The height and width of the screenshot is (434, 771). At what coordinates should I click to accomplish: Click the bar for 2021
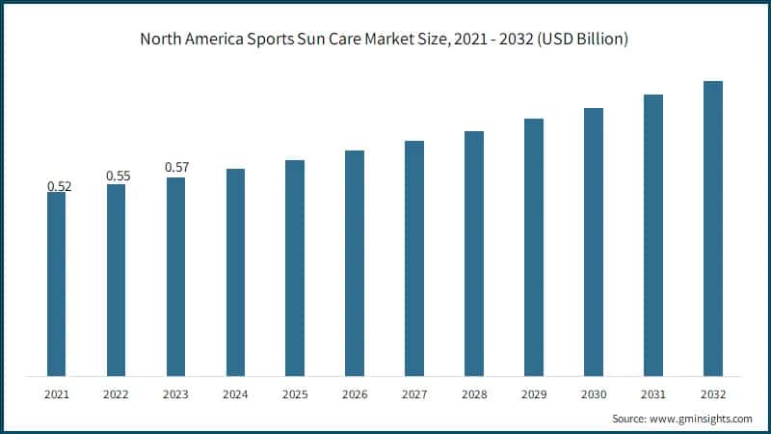tap(57, 284)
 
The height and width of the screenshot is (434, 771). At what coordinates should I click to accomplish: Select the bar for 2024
tap(235, 272)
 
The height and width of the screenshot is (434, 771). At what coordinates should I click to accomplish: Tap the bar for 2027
tap(414, 258)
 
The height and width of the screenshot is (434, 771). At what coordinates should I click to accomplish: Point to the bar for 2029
tap(534, 247)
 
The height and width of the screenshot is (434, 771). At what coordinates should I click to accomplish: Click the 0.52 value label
tap(57, 184)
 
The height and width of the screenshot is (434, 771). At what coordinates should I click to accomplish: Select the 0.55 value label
tap(117, 176)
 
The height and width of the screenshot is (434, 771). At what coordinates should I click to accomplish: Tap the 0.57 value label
tap(176, 167)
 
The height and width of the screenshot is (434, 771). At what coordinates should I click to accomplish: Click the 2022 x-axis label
tap(117, 394)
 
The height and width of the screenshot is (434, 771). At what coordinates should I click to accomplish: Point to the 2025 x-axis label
tap(295, 394)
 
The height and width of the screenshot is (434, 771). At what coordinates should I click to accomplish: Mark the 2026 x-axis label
tap(355, 394)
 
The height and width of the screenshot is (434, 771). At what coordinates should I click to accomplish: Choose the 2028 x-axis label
tap(474, 394)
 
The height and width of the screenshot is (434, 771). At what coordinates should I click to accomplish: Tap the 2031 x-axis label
tap(653, 394)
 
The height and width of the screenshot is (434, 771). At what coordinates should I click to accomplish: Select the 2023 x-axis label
tap(176, 394)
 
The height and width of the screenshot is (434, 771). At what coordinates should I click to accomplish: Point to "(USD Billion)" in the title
tap(585, 40)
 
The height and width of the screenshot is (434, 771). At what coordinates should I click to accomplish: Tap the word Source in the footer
tap(631, 420)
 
